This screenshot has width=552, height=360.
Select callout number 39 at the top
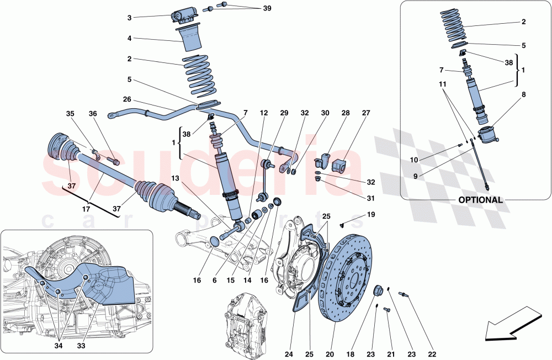coord(267,8)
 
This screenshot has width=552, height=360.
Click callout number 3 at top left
coord(129,18)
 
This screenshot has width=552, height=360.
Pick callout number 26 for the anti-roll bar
coord(128,100)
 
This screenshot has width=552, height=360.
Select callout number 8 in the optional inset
coord(523,94)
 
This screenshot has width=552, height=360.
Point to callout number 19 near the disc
coord(370,214)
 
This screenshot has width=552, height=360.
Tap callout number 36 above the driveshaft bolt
coord(93,114)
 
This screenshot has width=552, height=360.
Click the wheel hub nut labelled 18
coord(379,291)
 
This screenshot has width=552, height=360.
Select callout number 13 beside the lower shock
coord(174,178)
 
